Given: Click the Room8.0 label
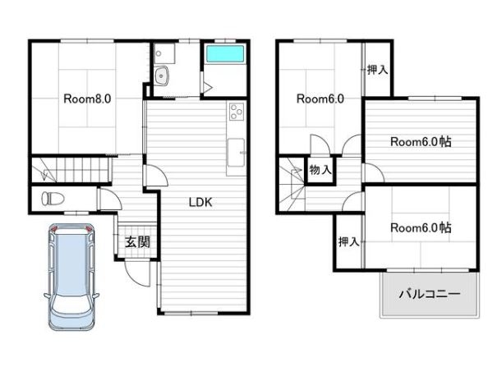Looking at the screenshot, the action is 87,99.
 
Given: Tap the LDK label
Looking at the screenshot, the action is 200,202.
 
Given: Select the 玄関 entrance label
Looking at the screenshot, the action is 137,241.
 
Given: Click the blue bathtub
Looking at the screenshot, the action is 225,53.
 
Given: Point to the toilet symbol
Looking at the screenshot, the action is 53,199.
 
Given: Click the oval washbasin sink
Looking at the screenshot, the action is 162,76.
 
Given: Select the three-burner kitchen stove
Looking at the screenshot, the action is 237,112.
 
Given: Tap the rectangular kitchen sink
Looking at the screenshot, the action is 236,153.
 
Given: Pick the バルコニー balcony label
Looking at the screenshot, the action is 430,293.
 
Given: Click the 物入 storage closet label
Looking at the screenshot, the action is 320,170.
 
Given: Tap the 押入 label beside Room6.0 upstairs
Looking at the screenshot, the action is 378,70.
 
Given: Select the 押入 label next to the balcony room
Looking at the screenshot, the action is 349,241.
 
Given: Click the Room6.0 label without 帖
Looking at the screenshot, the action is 320,99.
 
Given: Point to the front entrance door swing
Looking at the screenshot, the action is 137,274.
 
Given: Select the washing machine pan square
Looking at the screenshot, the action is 164,53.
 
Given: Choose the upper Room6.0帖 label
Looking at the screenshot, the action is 421,142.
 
